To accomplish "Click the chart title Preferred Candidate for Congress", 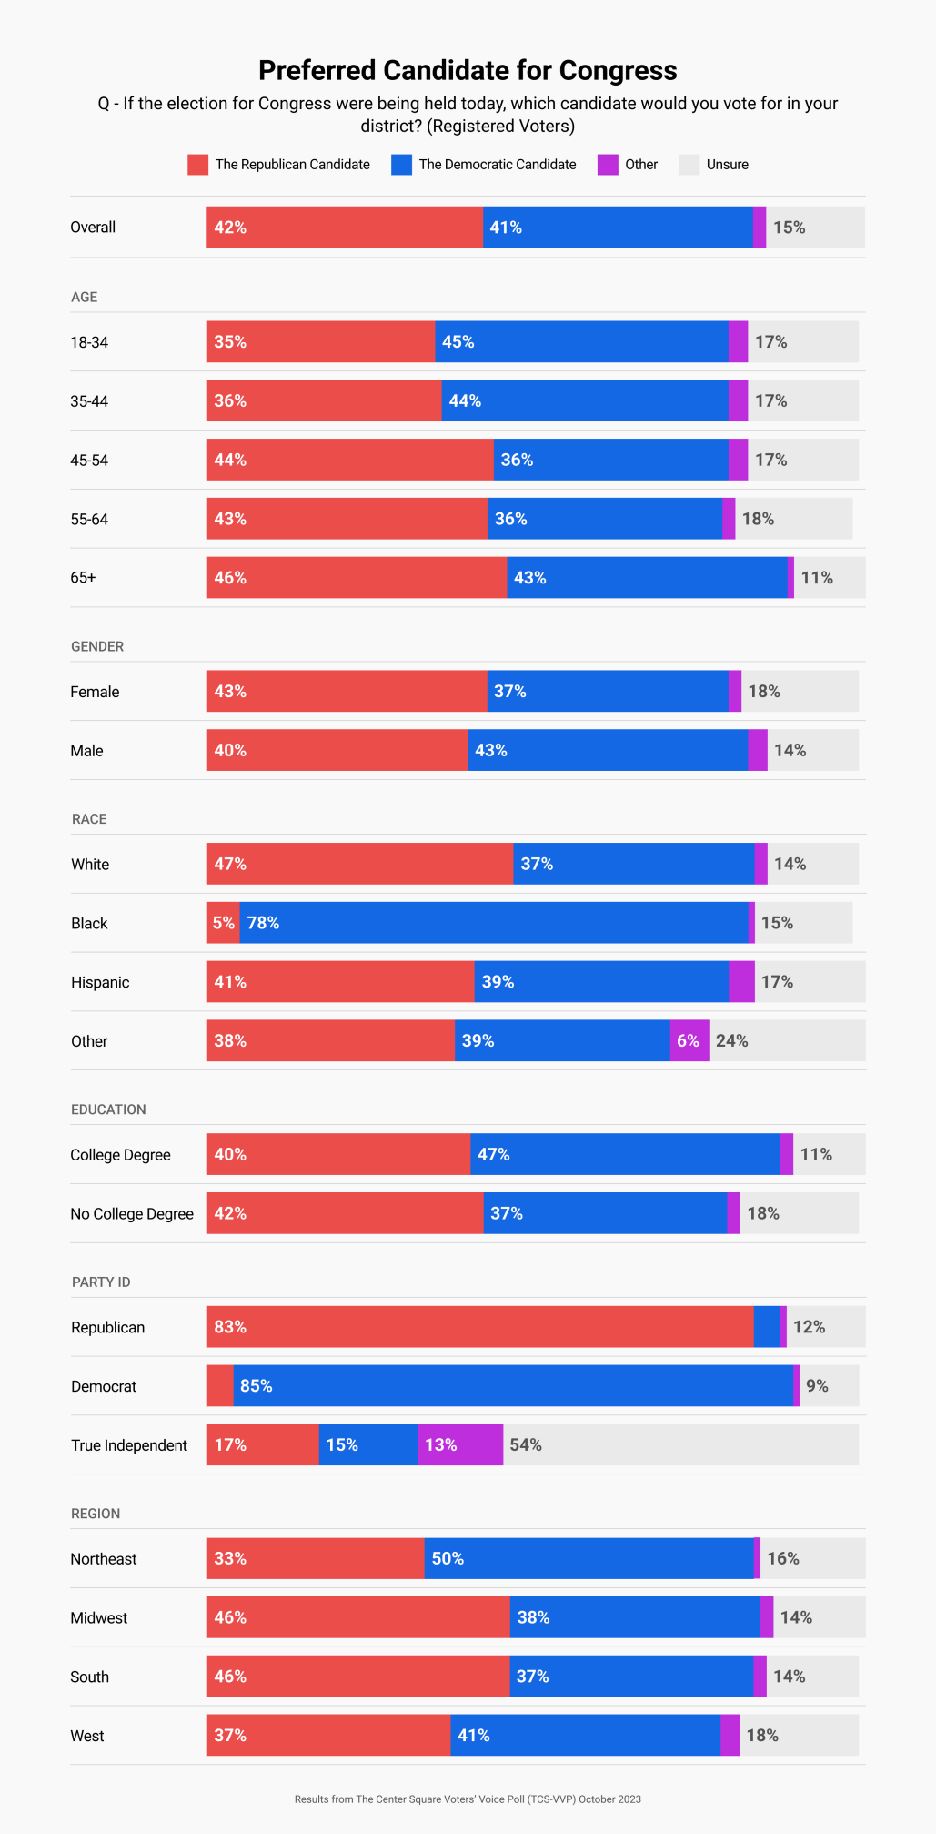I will point(468,70).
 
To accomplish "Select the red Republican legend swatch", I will point(197,165).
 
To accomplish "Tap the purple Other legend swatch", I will point(608,165).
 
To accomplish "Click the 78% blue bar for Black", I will point(494,923).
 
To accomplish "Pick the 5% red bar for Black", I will point(223,923).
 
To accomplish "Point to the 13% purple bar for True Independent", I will point(460,1444).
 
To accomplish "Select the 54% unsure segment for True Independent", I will point(680,1444).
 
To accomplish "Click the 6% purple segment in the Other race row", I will point(689,1040).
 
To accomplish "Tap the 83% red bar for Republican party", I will point(480,1327).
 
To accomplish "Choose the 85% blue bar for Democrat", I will point(513,1386).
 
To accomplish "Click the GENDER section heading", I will point(97,646).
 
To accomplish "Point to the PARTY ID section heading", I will point(101,1282).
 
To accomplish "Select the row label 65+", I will point(83,578).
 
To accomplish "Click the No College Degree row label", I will point(132,1213).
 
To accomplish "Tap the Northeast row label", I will point(104,1558).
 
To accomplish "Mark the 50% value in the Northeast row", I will point(448,1558).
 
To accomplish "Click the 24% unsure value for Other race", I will point(731,1040).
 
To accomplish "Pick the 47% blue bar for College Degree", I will point(625,1154).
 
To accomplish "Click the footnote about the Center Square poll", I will point(468,1799).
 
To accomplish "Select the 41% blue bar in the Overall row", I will point(618,228).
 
